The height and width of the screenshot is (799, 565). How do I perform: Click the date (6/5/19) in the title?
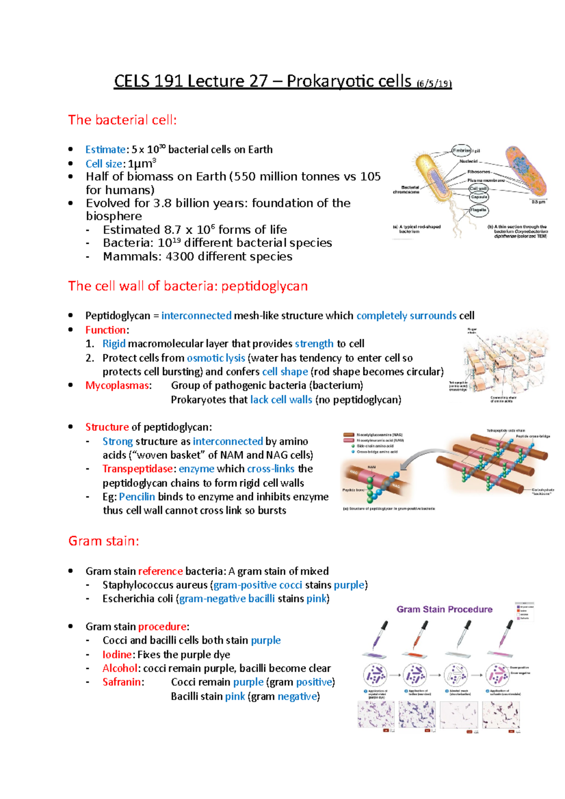coord(434,84)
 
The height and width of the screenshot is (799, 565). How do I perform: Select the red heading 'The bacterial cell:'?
coord(122,120)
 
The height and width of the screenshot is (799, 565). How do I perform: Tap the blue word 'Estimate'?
coord(105,150)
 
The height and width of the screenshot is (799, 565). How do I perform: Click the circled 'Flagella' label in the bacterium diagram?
coord(478,210)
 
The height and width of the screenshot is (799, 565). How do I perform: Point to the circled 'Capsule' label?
coord(479,197)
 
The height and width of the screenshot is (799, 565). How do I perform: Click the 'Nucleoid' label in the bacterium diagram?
coord(468,161)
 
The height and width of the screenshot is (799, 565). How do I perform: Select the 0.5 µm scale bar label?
coord(539,202)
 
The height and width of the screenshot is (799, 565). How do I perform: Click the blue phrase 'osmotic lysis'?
coord(216,358)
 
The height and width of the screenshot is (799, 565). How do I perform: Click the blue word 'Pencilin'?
coord(137,497)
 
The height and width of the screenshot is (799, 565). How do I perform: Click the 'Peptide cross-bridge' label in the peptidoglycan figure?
coord(533,436)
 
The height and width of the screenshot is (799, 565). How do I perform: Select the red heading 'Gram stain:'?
coord(104,541)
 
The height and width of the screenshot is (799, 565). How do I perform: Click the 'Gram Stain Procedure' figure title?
coord(444,609)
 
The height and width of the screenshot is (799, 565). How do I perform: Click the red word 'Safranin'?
coord(121,682)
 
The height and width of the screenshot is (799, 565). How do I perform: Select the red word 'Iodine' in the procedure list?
coord(117,655)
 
